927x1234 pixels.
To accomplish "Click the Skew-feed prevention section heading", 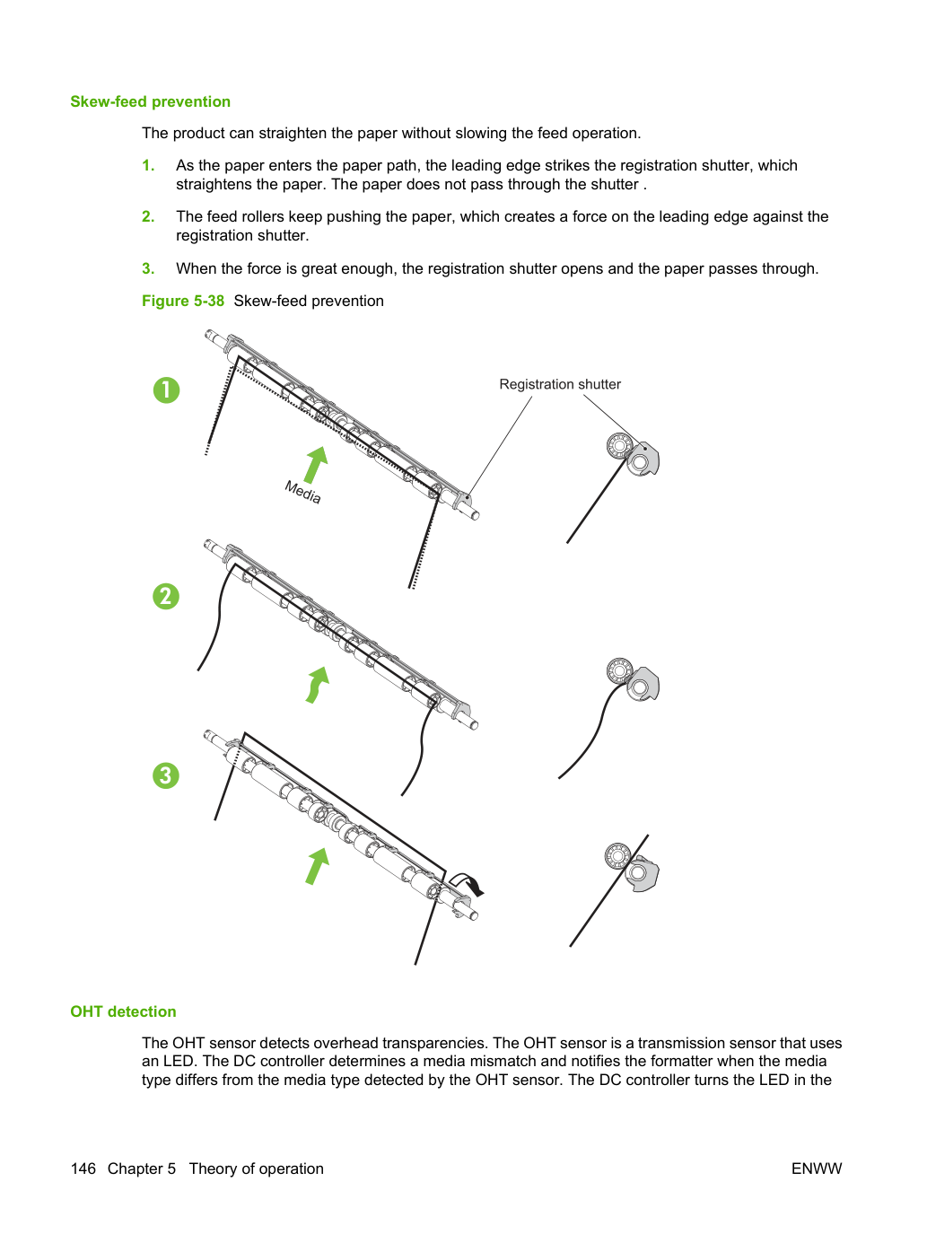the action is coord(150,101).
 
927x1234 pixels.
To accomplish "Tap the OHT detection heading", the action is coord(123,1011).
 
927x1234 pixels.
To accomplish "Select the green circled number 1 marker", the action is coord(166,390).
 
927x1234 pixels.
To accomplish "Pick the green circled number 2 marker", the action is coord(166,597).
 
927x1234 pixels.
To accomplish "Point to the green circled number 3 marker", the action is coord(166,775).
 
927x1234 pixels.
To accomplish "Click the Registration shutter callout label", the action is coord(560,384).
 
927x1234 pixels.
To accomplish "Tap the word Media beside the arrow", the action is coord(303,493).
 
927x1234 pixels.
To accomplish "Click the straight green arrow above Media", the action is coord(317,465).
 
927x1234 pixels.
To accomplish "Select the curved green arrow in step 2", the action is coord(317,685).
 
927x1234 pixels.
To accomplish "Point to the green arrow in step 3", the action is coord(317,866).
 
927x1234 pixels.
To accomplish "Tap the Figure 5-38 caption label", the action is coord(183,302).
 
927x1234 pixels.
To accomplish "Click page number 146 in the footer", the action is coord(83,1168).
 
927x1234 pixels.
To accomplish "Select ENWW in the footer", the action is coord(817,1168).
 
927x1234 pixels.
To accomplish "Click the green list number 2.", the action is coord(148,217).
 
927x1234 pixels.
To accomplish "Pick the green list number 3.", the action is coord(148,268).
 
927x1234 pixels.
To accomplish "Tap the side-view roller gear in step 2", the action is coord(620,670).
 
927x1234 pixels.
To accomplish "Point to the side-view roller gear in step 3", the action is coord(618,856).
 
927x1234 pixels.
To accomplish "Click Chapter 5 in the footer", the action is coord(142,1168).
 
